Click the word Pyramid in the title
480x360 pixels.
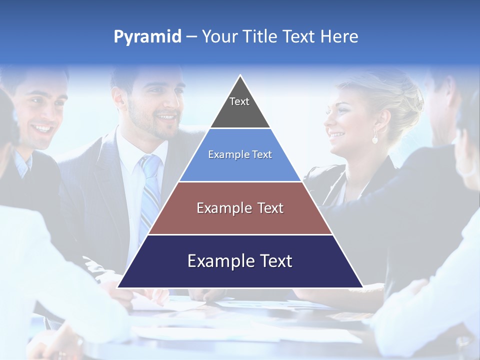tap(147, 37)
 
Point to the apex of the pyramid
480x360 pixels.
tap(240, 76)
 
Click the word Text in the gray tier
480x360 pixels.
tap(239, 101)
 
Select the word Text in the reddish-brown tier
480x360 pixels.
tap(270, 208)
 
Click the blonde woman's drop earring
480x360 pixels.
tap(375, 138)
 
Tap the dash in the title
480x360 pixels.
tap(191, 37)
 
